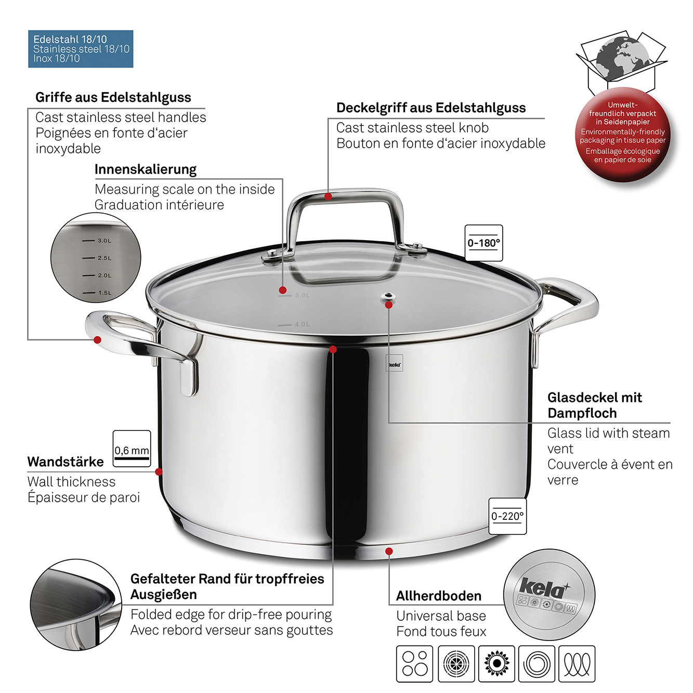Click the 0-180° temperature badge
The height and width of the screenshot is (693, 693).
coord(483,243)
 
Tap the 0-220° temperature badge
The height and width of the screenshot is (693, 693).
coord(507,516)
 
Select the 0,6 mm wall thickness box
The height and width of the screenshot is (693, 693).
coord(132,449)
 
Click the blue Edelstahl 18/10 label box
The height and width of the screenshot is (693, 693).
coord(81,49)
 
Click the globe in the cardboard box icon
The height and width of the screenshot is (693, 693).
coord(622,59)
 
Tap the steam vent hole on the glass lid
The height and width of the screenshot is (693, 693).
coord(388,297)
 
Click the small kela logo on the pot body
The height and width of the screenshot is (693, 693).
coord(394,364)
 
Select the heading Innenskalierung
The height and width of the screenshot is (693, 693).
coord(145,169)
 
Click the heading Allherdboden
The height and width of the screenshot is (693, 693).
coord(438,596)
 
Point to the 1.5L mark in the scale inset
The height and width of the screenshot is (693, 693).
coord(97,293)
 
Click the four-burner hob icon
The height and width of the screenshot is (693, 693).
coord(414,663)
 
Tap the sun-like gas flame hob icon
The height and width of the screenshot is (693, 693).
coord(496,663)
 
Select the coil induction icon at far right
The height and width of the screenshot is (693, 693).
coord(577,663)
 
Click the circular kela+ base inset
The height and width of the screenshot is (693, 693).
coord(549,594)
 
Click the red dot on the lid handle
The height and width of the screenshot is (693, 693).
coord(328,197)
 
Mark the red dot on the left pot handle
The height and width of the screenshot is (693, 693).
coord(97,339)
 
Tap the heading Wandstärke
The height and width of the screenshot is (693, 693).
coord(66,462)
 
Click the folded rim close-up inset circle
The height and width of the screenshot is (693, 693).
coord(76,605)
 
